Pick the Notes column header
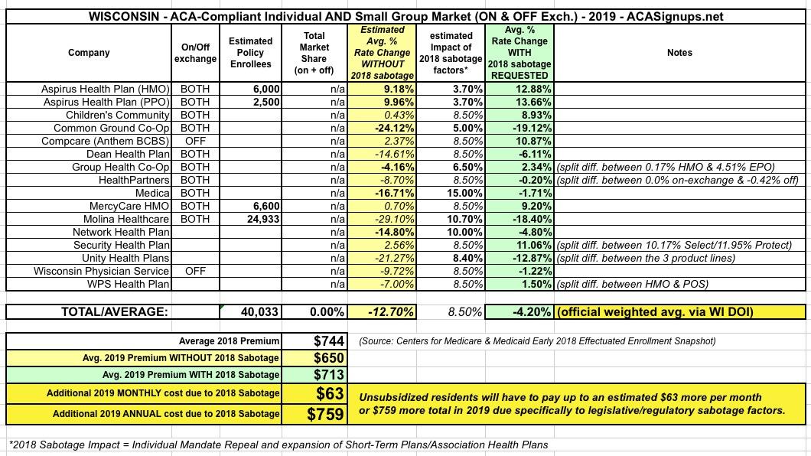tap(679, 53)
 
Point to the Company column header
tap(88, 53)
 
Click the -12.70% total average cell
tap(383, 312)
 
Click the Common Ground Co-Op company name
tap(115, 128)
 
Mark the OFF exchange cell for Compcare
tap(194, 141)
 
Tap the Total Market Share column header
tap(314, 53)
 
